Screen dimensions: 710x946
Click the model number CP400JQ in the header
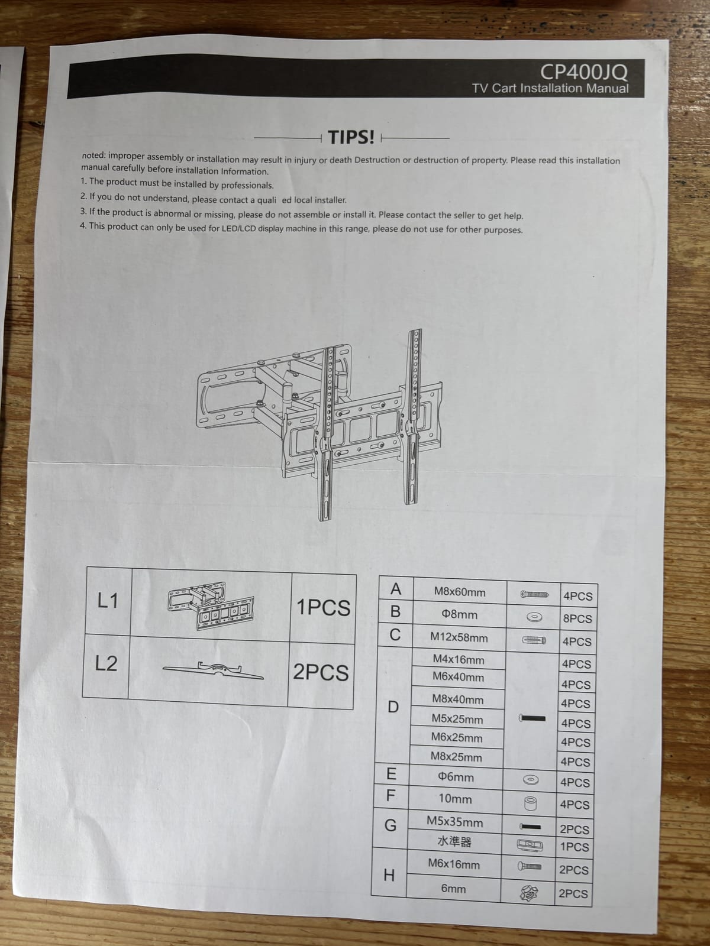(x=584, y=72)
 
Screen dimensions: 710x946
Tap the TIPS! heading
(x=351, y=138)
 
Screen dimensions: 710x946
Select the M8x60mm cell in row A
(x=460, y=592)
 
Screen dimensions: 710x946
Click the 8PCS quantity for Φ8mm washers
(x=577, y=618)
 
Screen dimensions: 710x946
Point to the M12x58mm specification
(x=459, y=637)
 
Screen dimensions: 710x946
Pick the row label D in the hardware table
(x=393, y=707)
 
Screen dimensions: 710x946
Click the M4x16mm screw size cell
(x=458, y=660)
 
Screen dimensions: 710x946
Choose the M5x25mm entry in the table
(x=457, y=720)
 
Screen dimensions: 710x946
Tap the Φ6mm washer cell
(x=456, y=777)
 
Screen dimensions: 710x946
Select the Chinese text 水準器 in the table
(x=454, y=842)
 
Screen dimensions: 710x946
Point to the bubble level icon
(x=530, y=845)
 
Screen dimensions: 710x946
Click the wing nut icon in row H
(x=529, y=893)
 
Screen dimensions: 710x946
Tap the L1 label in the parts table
(x=107, y=601)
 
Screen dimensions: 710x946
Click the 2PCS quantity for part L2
(x=321, y=672)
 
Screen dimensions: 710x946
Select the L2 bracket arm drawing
(x=213, y=670)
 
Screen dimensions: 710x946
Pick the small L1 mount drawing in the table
(x=211, y=605)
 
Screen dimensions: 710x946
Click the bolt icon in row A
(x=534, y=595)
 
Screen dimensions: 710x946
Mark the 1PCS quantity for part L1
(x=323, y=607)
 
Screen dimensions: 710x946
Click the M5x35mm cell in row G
(x=455, y=822)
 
